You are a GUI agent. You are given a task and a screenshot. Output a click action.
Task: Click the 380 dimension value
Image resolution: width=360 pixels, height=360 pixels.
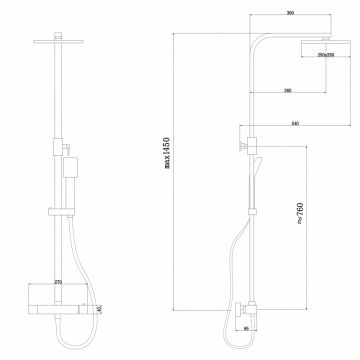[x=287, y=91]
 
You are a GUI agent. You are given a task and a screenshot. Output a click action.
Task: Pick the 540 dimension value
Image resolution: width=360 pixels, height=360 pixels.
[x=295, y=123]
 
